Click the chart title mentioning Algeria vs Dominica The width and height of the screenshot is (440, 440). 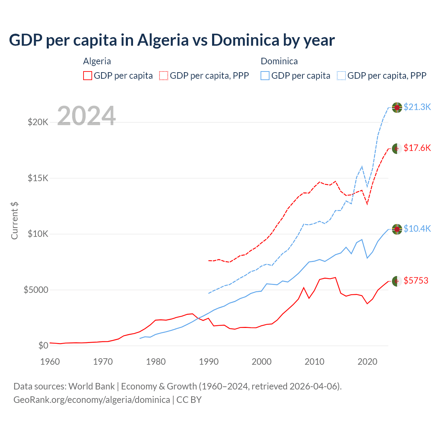(x=172, y=40)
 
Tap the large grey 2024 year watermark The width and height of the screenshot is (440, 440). (x=86, y=116)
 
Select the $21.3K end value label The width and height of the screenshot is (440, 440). (x=417, y=107)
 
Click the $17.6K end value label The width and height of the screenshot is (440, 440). (x=417, y=148)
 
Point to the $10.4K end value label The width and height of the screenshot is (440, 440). (x=417, y=229)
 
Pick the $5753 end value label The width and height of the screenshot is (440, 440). (x=416, y=280)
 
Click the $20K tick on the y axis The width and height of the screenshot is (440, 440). (x=38, y=122)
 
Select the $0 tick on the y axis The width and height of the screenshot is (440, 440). (x=43, y=345)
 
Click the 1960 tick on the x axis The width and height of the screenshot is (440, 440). (x=50, y=362)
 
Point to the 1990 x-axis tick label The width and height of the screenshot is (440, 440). (x=209, y=362)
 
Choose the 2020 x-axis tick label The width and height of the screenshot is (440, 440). (x=367, y=362)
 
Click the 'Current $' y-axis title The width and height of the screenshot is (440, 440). (x=14, y=221)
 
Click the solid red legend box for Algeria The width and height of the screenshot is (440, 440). (x=88, y=76)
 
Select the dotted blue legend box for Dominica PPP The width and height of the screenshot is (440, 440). (x=341, y=76)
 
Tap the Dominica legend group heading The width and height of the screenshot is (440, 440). (x=279, y=61)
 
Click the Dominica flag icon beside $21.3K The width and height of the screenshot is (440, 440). (x=397, y=107)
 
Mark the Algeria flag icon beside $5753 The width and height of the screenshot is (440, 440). (x=397, y=281)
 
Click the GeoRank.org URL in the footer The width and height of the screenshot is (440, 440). (x=92, y=400)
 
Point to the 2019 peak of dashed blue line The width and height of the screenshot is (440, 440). (x=362, y=166)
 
